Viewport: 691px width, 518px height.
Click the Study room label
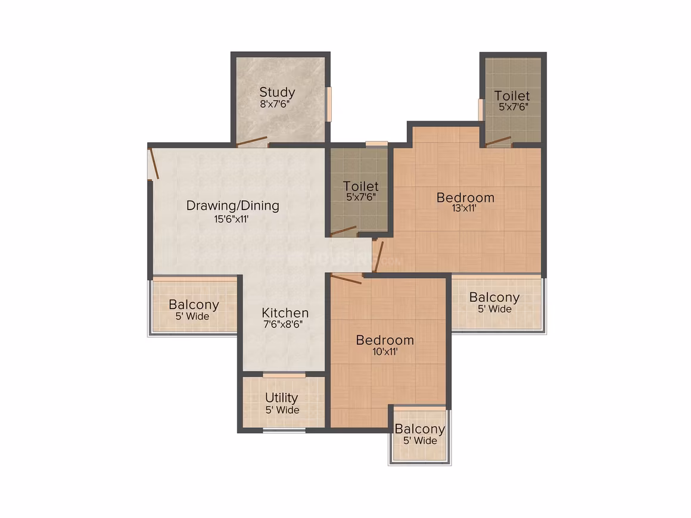click(x=277, y=92)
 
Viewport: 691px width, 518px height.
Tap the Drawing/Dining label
click(x=233, y=205)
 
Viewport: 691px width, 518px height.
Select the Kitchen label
click(x=285, y=313)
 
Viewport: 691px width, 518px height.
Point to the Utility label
click(x=282, y=398)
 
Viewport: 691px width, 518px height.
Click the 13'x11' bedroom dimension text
click(x=464, y=208)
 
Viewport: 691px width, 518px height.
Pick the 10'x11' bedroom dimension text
click(x=385, y=351)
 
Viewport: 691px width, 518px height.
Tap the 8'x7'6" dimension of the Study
click(x=275, y=104)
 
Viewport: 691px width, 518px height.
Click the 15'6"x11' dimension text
click(x=231, y=219)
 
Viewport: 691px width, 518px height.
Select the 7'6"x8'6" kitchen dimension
click(x=283, y=324)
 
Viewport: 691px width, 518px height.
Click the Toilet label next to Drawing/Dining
click(x=361, y=186)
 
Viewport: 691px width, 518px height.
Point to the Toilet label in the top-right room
click(x=512, y=96)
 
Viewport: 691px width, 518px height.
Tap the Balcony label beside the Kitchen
click(x=194, y=304)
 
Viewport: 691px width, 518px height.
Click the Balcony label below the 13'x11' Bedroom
click(x=494, y=297)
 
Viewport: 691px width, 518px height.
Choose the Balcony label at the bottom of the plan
click(x=419, y=429)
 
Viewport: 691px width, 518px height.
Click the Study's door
click(x=251, y=141)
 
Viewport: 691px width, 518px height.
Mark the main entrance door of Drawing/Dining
click(x=154, y=163)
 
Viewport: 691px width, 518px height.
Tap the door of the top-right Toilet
click(x=498, y=141)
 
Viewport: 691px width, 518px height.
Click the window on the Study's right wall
click(x=328, y=104)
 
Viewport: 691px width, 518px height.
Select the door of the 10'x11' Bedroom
click(x=346, y=279)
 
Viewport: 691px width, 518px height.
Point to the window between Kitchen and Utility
click(x=284, y=375)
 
